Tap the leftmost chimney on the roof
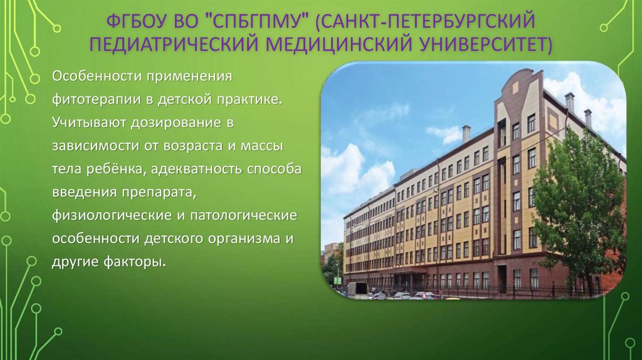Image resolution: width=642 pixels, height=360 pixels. pyautogui.click(x=466, y=133)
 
